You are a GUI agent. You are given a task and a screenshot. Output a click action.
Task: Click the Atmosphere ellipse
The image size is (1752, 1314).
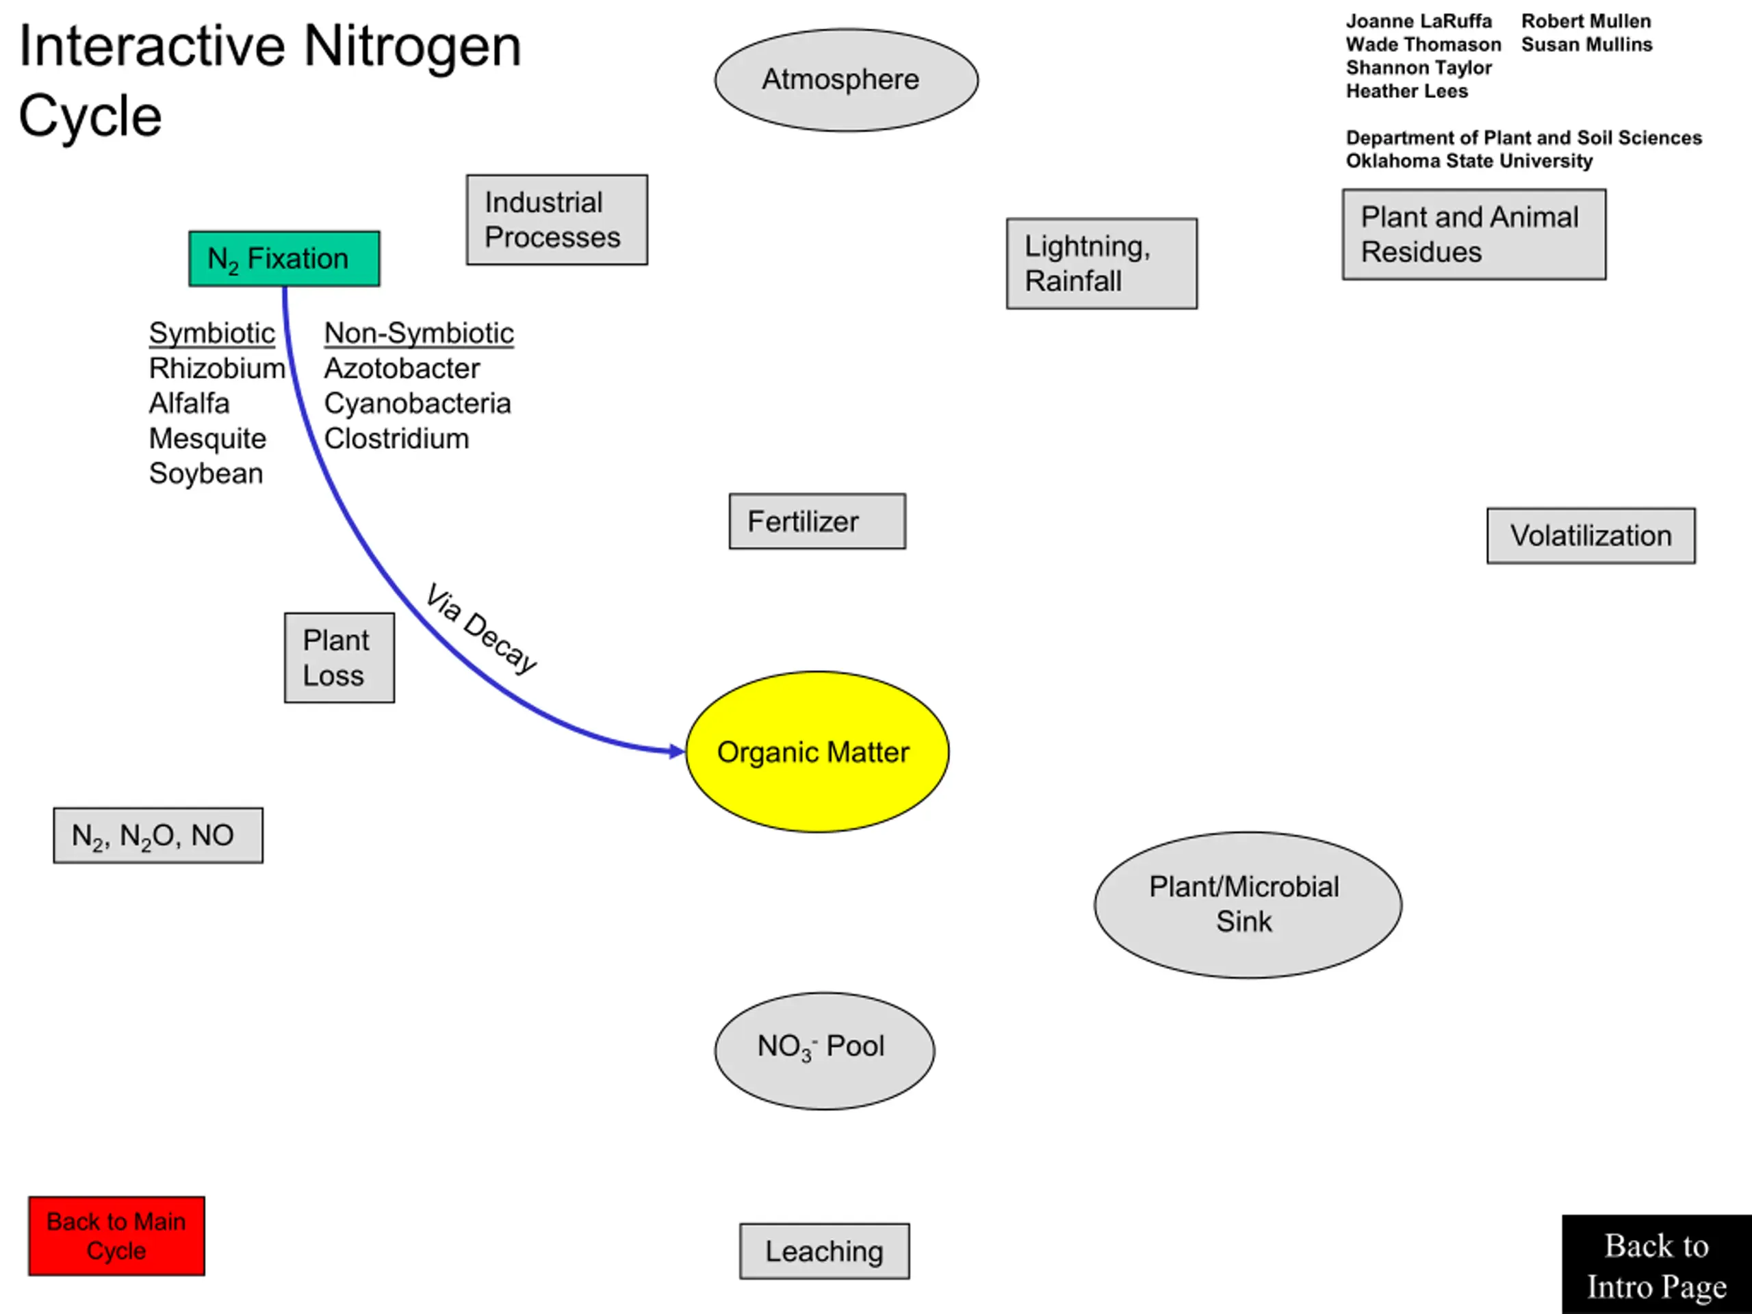846,80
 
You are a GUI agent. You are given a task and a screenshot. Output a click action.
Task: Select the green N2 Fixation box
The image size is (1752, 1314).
284,258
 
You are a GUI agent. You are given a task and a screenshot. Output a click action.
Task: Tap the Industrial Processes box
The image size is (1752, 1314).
557,220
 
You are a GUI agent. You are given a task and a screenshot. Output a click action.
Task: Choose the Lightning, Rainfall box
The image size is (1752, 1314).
1102,263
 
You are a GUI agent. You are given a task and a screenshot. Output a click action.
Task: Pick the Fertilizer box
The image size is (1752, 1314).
817,521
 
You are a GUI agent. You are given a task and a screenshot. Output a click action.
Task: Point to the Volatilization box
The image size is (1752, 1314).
1591,535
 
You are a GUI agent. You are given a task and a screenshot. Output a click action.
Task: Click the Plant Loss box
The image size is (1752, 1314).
339,658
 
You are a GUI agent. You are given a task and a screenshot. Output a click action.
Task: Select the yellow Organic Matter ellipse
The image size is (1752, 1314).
817,751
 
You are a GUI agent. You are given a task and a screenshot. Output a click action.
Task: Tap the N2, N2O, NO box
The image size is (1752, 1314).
158,835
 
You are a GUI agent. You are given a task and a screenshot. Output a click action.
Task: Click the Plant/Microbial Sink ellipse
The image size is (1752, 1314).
1248,905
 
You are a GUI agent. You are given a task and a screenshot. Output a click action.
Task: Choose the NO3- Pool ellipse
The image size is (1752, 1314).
825,1051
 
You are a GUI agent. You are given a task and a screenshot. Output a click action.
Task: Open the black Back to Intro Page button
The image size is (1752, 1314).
1657,1264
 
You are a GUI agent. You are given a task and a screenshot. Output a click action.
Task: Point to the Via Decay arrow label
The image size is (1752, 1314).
480,628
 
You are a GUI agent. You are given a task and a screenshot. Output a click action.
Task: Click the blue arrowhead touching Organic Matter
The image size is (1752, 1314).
678,751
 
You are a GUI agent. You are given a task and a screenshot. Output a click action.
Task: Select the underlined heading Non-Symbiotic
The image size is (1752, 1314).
419,333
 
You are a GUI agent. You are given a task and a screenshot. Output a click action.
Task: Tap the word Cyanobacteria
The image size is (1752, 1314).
417,403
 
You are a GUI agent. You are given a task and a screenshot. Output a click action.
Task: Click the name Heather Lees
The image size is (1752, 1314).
1406,91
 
